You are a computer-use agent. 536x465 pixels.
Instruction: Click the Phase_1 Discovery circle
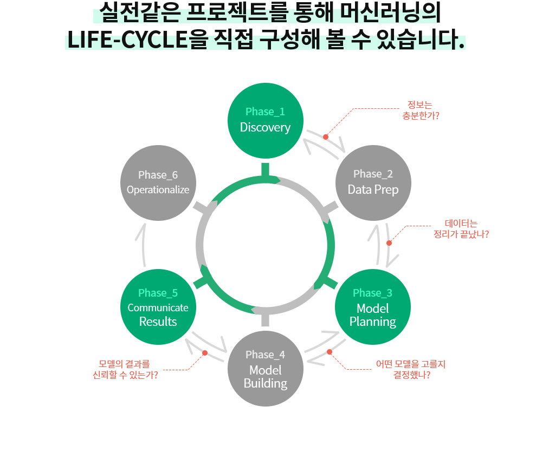click(x=265, y=120)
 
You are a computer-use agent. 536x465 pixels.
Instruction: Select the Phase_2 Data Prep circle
click(x=373, y=182)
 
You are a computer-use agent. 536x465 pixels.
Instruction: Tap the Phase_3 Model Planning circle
click(x=373, y=307)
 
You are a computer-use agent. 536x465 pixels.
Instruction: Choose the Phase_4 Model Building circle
click(x=265, y=369)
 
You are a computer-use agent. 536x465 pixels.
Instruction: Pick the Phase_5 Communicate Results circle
click(x=158, y=307)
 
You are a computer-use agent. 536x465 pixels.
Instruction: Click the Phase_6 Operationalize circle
click(x=158, y=182)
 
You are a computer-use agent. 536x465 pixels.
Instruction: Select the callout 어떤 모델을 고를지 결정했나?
click(x=411, y=369)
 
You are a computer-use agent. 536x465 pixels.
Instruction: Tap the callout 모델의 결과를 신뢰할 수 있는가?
click(x=126, y=369)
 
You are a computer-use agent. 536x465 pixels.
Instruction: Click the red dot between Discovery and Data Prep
click(x=326, y=137)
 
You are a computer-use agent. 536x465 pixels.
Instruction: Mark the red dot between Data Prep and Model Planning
click(x=389, y=243)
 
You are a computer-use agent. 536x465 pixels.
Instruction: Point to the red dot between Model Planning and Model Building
click(x=330, y=352)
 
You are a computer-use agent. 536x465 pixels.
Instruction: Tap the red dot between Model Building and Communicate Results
click(x=205, y=353)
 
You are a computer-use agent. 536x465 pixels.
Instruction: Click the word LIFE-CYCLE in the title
click(x=127, y=41)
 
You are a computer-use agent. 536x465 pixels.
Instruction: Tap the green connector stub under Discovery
click(x=265, y=169)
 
